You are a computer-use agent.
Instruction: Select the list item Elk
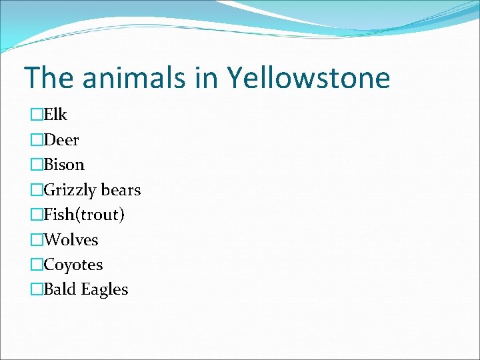55,115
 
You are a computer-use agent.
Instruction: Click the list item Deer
61,140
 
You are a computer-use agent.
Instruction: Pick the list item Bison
64,165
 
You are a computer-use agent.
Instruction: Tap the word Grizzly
71,190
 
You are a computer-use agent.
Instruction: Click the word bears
121,190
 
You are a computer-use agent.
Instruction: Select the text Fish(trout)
84,215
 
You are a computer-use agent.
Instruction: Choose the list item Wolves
71,239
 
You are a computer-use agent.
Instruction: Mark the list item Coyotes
73,265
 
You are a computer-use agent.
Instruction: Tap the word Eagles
105,289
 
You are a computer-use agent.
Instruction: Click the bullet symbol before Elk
36,115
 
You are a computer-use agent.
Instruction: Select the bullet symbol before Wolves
36,240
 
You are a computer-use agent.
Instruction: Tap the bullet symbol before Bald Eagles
36,290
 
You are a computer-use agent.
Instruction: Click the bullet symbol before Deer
36,141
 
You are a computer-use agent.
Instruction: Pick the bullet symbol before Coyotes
36,265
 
